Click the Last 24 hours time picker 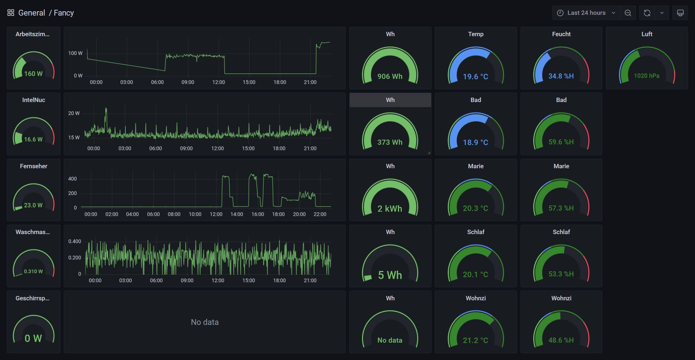586,13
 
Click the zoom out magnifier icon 628,13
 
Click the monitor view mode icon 680,13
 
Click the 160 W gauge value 33,74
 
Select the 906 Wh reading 390,76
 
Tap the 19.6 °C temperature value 475,77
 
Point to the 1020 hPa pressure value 646,76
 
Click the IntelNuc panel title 33,100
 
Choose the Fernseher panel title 33,166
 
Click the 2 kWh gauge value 390,208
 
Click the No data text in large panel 205,322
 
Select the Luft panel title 646,34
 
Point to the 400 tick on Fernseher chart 72,179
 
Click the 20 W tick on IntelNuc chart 74,113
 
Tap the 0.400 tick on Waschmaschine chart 75,241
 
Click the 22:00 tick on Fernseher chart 320,214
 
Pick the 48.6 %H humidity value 561,340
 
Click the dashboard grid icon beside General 11,13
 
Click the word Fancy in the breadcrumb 64,13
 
